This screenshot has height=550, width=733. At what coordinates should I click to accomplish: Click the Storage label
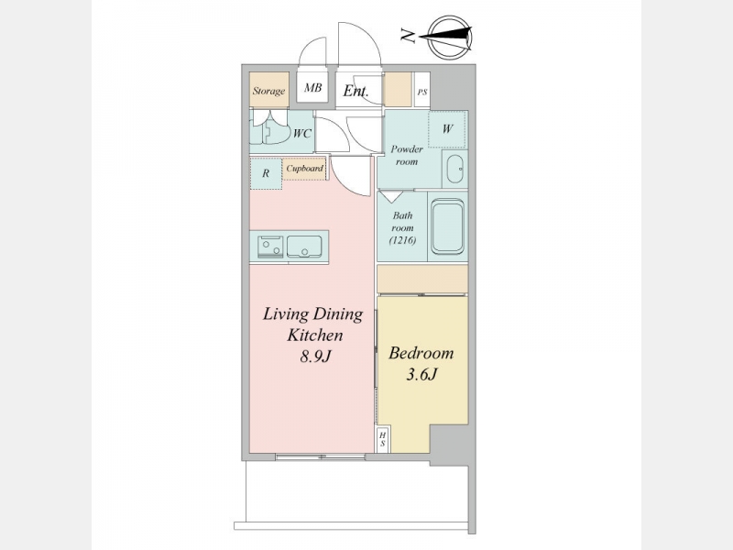268,91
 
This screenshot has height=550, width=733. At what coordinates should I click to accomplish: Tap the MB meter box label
312,87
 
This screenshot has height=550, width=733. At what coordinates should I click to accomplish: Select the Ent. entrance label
356,90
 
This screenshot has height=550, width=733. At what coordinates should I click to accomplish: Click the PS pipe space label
422,93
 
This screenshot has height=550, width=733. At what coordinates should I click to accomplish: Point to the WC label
302,134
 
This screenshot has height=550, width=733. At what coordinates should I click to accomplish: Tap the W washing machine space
447,129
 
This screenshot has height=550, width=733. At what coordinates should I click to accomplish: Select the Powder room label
407,155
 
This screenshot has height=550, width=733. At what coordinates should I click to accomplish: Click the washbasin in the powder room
454,169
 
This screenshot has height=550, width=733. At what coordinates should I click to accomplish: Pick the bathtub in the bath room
447,226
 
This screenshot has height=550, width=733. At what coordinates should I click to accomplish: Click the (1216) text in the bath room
402,240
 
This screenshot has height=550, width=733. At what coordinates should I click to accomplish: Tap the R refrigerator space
266,173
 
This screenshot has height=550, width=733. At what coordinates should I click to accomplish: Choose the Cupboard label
305,169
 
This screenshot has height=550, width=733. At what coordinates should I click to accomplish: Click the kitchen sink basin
304,247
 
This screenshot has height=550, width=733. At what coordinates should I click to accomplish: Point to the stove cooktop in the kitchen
270,247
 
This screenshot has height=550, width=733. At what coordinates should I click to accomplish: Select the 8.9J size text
315,357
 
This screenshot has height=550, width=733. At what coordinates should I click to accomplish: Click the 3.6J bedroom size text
421,374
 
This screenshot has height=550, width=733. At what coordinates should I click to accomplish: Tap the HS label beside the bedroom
383,440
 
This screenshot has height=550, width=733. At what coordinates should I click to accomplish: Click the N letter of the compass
408,36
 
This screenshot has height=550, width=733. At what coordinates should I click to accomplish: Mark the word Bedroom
421,353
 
